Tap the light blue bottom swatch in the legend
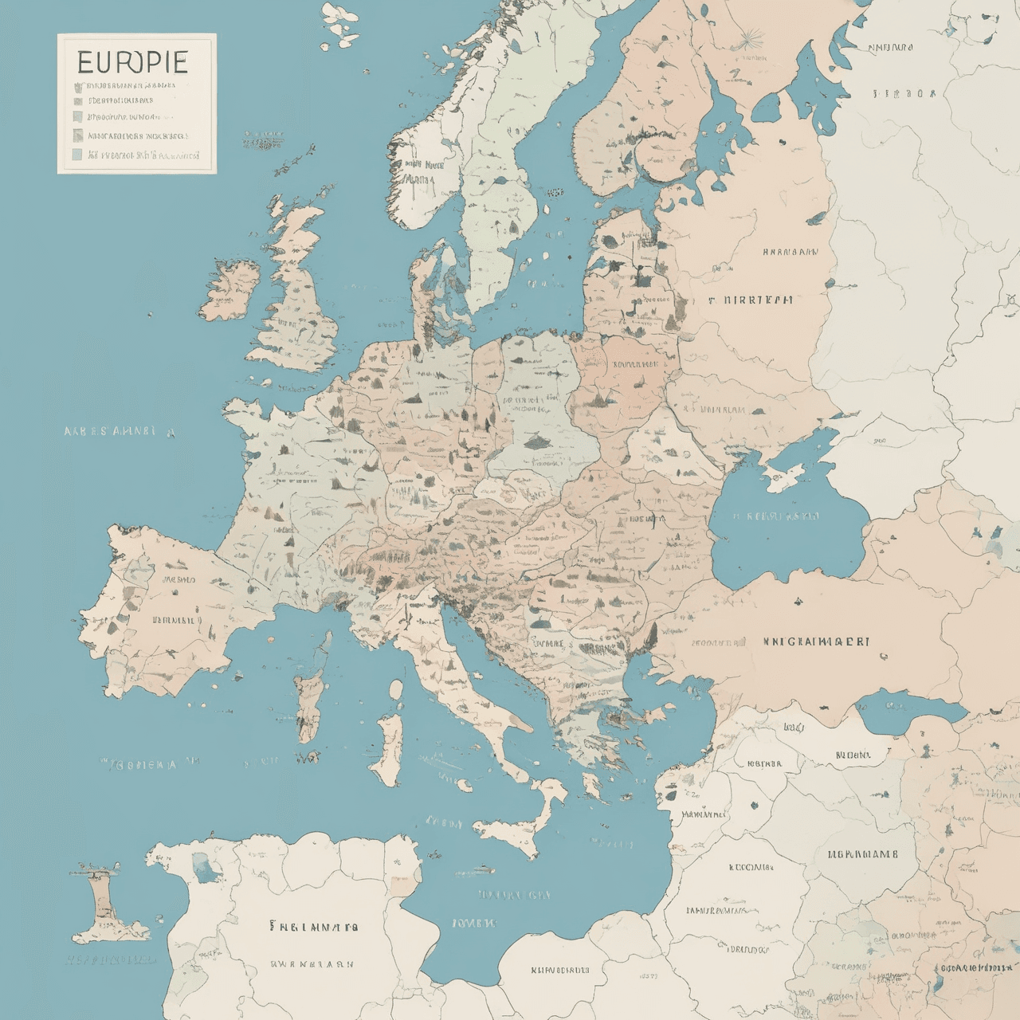pyautogui.click(x=77, y=155)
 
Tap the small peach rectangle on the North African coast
pyautogui.click(x=404, y=885)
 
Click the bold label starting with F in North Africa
pyautogui.click(x=313, y=927)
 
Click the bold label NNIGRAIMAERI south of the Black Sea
pyautogui.click(x=815, y=641)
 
